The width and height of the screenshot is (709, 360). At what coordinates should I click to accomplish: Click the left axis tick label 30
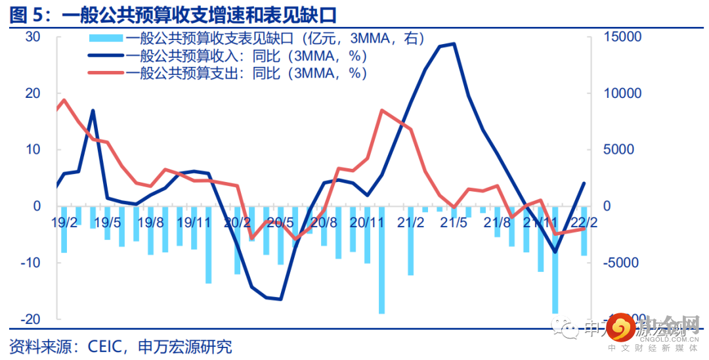(32, 37)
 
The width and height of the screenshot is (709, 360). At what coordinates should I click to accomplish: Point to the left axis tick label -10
(30, 262)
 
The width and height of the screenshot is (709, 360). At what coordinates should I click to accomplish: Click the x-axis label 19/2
(64, 221)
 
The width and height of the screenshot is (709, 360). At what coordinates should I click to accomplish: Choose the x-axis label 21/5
(453, 221)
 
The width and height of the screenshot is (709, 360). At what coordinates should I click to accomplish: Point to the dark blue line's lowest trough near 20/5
(280, 299)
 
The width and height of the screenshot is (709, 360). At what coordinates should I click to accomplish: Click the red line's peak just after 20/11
(382, 110)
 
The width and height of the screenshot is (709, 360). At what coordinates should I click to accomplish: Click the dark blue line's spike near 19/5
(93, 110)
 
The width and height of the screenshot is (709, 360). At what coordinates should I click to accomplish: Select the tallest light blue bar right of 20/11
(381, 259)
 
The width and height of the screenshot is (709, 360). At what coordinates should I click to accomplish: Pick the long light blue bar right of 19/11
(209, 244)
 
